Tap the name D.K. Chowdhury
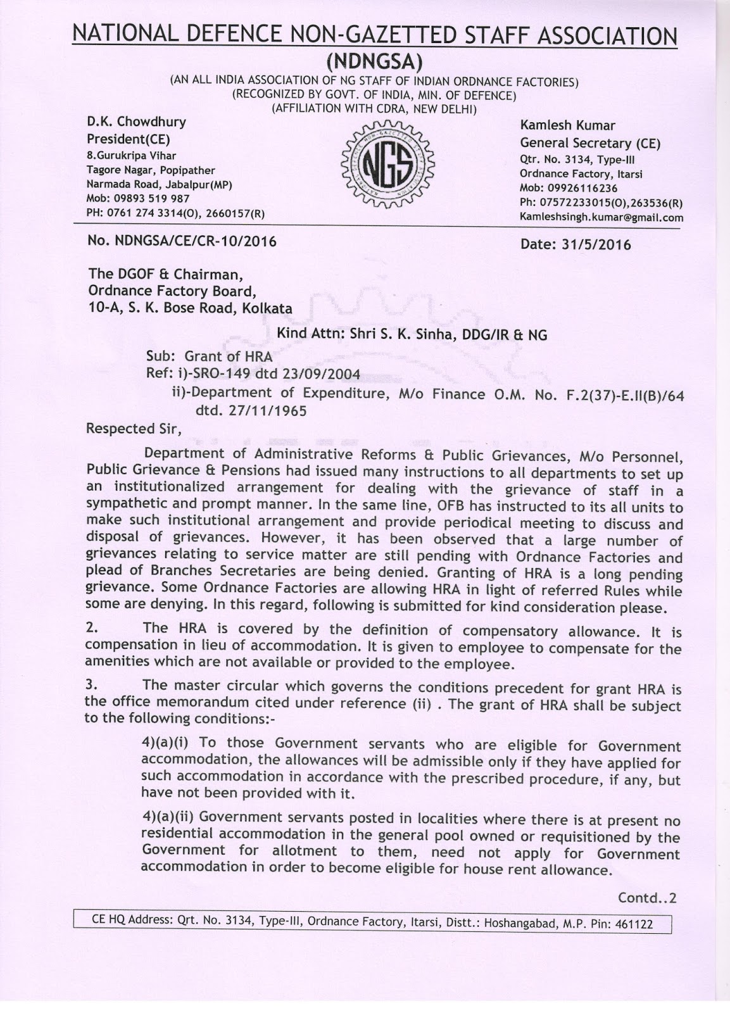click(136, 122)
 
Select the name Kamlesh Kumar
click(567, 125)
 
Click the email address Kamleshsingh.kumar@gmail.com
click(601, 217)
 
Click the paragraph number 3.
click(91, 685)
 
